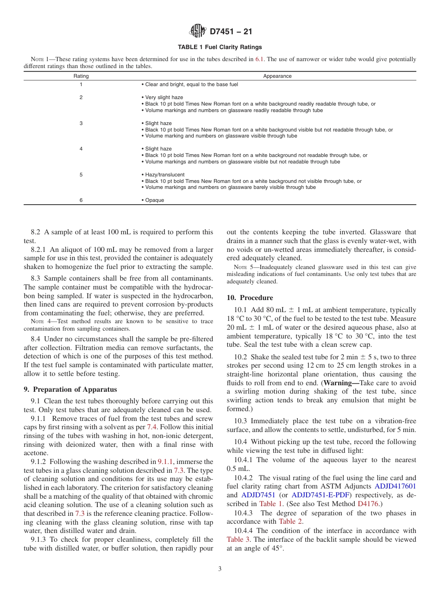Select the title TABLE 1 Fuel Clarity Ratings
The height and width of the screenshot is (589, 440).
[220, 47]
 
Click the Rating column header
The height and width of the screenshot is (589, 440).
[81, 76]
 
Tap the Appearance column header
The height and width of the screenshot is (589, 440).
[277, 76]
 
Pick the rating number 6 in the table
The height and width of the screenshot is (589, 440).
[81, 201]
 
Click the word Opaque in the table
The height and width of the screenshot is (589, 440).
[155, 201]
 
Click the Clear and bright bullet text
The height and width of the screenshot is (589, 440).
[189, 84]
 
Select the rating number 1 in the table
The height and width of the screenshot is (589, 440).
[81, 84]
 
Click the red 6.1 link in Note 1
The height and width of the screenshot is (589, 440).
[260, 59]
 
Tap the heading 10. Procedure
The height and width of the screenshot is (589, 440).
[250, 298]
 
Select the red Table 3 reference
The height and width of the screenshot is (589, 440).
[238, 539]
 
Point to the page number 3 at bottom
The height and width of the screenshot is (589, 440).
[220, 569]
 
